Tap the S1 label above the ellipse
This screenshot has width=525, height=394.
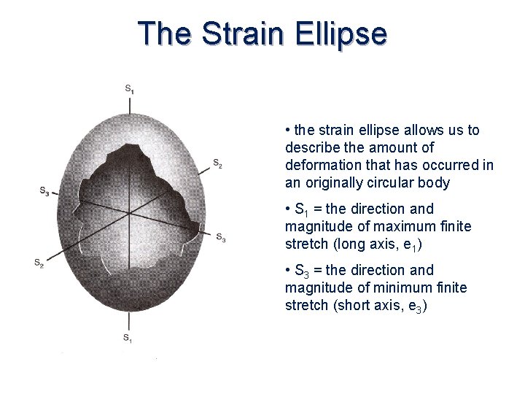[x=129, y=88]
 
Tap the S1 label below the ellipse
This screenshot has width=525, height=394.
[x=127, y=337]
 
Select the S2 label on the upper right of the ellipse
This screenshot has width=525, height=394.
[x=217, y=163]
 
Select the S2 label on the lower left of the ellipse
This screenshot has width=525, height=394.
[x=39, y=263]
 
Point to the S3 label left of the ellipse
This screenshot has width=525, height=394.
[x=44, y=191]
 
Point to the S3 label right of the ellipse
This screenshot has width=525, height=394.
[x=220, y=237]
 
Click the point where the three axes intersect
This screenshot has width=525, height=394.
[x=129, y=213]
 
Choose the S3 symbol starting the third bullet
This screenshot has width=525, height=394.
[x=302, y=271]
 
